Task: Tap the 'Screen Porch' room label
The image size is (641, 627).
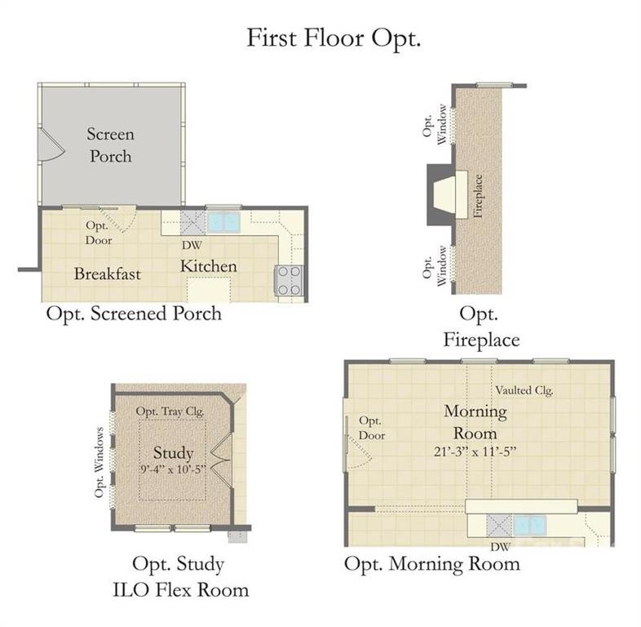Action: [x=110, y=145]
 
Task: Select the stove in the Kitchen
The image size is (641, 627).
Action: [x=290, y=280]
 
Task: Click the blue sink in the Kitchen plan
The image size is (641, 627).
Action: [x=223, y=222]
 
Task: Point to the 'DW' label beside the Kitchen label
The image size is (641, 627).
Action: [x=192, y=246]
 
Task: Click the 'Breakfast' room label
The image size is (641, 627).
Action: [x=108, y=273]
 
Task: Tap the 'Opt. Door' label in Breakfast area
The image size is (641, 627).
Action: [x=99, y=233]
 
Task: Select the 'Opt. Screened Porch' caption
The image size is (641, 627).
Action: [x=134, y=314]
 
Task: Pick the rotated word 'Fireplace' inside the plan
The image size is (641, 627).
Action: [x=478, y=196]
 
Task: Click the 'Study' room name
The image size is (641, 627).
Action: [x=174, y=453]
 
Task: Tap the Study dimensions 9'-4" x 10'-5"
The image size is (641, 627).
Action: [x=174, y=469]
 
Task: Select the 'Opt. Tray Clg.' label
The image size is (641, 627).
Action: [x=170, y=411]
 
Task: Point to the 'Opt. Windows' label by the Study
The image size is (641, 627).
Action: [x=99, y=462]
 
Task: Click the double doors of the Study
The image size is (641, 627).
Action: [x=222, y=460]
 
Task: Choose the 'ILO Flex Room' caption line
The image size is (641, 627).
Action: [x=180, y=590]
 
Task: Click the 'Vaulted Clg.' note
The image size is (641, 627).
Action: [x=524, y=390]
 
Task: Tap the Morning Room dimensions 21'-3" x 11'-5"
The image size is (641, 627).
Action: [x=475, y=451]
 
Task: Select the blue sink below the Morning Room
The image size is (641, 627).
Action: [x=529, y=526]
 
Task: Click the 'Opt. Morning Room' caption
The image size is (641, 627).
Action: [x=432, y=564]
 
